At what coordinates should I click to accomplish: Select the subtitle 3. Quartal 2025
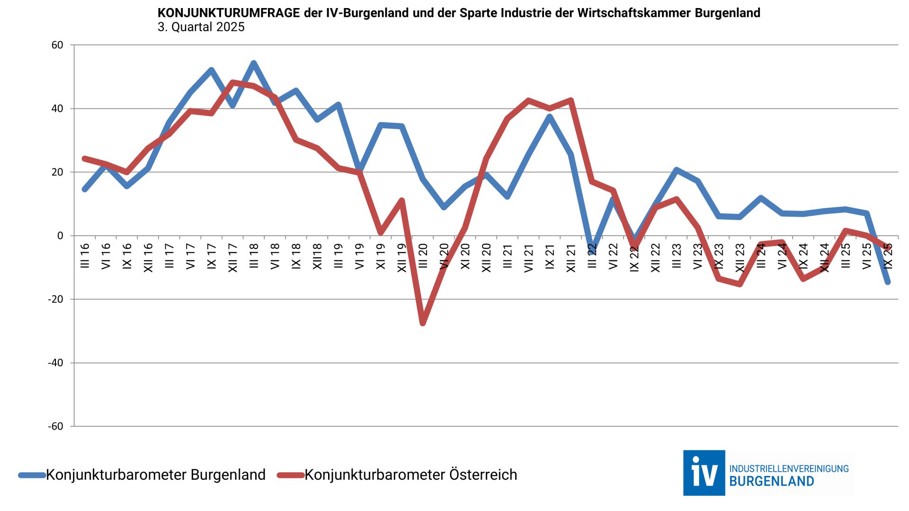(201, 27)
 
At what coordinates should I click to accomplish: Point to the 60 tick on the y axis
(57, 45)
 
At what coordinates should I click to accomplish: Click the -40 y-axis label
(55, 363)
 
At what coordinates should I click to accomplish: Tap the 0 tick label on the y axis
(60, 236)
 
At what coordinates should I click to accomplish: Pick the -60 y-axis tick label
(55, 426)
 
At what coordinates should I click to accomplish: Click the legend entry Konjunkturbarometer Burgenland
(155, 475)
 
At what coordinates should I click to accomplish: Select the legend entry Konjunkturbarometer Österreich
(410, 475)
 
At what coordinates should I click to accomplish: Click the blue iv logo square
(704, 473)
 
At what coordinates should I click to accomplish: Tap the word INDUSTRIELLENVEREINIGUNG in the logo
(789, 468)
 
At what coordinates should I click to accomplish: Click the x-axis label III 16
(85, 256)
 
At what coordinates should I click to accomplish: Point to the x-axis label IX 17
(212, 256)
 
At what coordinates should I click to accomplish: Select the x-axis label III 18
(254, 256)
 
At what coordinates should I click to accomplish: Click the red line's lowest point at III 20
(423, 323)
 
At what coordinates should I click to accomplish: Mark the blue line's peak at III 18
(254, 63)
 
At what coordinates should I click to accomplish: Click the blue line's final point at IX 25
(888, 282)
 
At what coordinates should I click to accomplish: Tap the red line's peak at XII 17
(232, 82)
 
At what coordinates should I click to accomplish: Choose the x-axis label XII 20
(486, 258)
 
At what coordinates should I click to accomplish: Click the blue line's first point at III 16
(85, 189)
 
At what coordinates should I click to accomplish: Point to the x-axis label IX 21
(550, 256)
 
